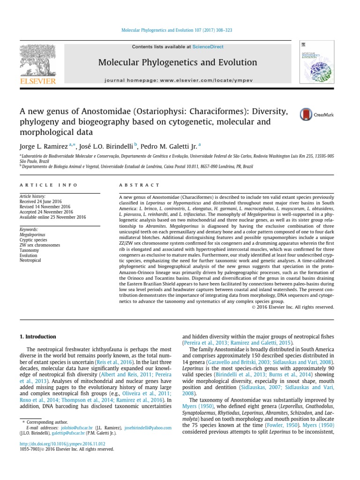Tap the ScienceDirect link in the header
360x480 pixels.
207,47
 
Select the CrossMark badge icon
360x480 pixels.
307,114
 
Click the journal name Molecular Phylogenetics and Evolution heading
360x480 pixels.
178,62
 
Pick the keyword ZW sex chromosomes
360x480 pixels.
39,245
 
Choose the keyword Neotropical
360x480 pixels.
30,261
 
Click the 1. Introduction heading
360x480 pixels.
37,337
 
